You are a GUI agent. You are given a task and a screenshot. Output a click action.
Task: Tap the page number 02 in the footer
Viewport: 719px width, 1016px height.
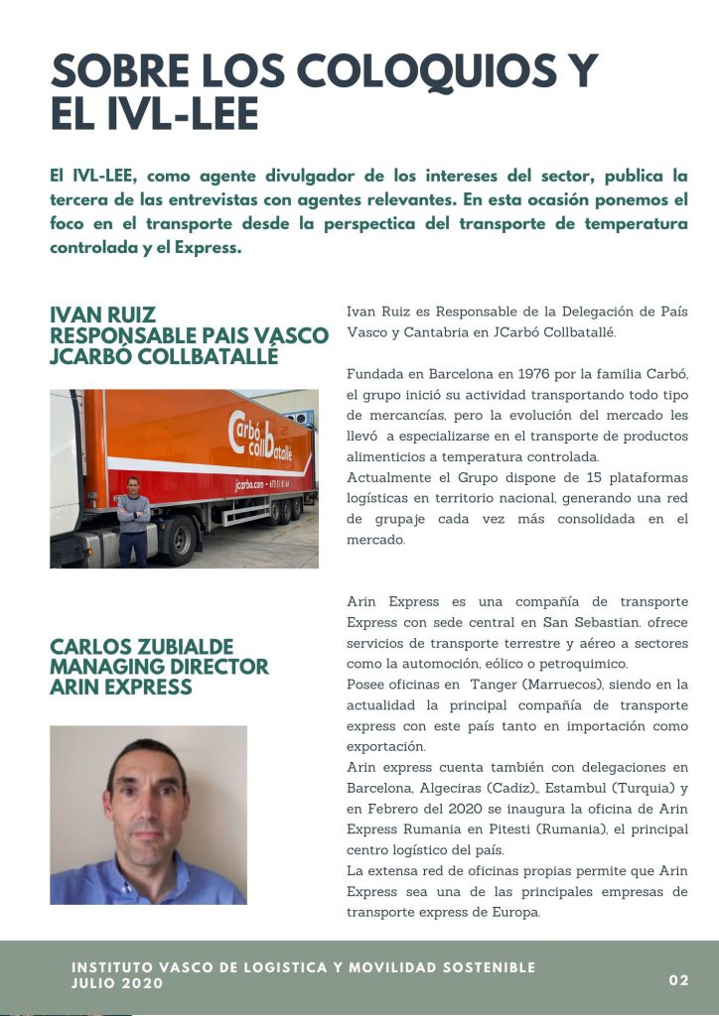(679, 980)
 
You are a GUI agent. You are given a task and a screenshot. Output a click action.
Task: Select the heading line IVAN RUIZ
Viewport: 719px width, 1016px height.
(102, 317)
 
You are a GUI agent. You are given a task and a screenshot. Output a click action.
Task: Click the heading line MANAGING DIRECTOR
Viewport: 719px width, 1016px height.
(159, 666)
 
